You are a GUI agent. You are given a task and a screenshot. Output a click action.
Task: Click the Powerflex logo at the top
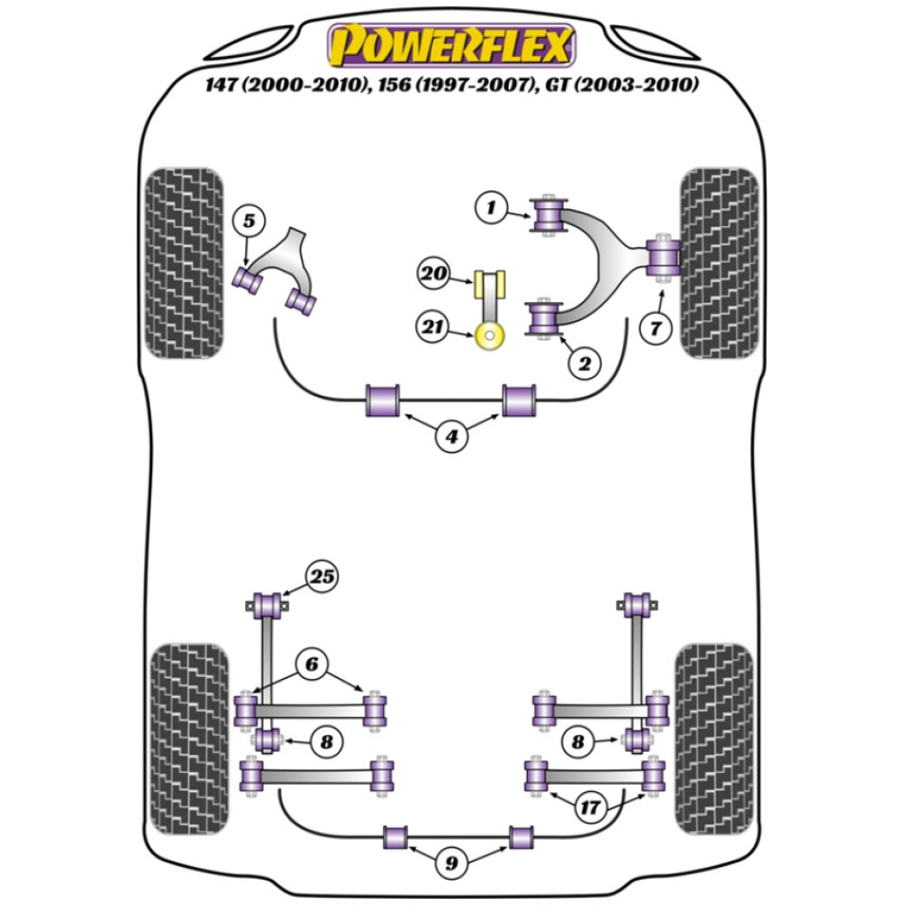451,45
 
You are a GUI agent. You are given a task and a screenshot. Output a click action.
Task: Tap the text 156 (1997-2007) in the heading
453,86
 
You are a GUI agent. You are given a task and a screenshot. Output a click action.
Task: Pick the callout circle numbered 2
584,365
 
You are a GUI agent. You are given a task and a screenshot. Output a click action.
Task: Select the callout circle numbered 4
451,438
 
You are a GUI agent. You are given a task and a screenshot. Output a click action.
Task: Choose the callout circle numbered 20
434,272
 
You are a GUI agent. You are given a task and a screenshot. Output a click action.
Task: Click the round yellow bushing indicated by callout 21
491,338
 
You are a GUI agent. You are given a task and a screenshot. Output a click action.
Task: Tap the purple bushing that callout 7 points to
664,257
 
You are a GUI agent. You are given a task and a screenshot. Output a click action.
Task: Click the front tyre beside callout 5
184,262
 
